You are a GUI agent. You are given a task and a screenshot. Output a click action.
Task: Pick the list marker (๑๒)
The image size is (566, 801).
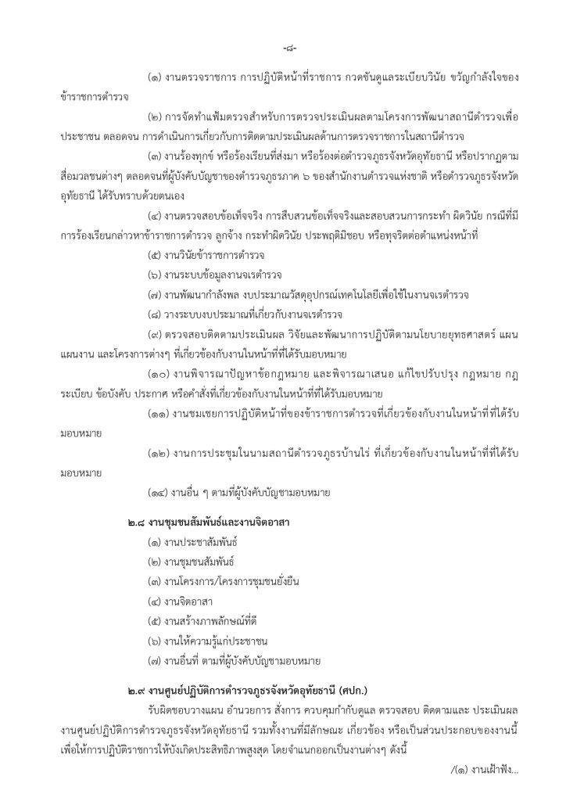160,453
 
